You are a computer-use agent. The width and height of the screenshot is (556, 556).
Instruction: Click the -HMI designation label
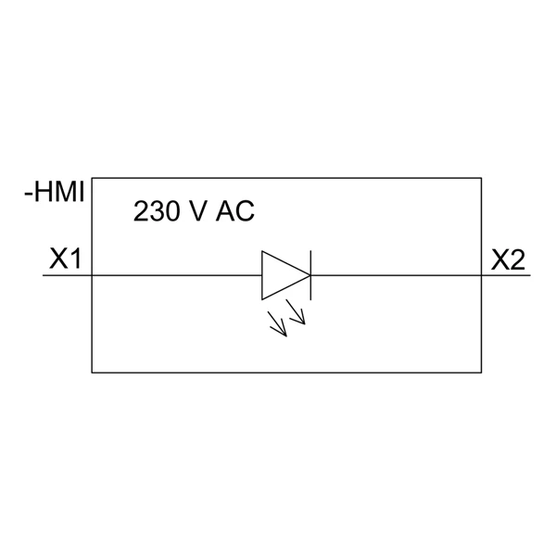pyautogui.click(x=55, y=192)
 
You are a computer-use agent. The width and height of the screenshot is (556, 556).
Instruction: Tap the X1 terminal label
pyautogui.click(x=65, y=259)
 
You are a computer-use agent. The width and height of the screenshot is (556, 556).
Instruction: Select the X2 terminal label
pyautogui.click(x=508, y=259)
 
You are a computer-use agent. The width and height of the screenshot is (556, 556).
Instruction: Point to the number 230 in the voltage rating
pyautogui.click(x=156, y=211)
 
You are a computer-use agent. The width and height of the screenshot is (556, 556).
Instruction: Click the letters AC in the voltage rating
pyautogui.click(x=235, y=211)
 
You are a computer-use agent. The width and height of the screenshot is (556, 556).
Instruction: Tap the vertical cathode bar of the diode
pyautogui.click(x=311, y=275)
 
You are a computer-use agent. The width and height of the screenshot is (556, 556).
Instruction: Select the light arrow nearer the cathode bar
pyautogui.click(x=296, y=312)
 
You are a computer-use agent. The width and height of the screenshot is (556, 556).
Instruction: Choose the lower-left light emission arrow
pyautogui.click(x=277, y=324)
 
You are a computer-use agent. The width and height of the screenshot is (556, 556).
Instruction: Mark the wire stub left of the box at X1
pyautogui.click(x=68, y=275)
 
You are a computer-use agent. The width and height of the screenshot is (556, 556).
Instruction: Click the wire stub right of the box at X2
pyautogui.click(x=506, y=275)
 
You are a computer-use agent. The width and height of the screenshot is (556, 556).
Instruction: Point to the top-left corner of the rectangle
pyautogui.click(x=92, y=178)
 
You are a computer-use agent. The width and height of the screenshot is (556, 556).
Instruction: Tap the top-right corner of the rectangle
pyautogui.click(x=481, y=178)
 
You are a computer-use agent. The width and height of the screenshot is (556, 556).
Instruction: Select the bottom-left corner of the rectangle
pyautogui.click(x=92, y=373)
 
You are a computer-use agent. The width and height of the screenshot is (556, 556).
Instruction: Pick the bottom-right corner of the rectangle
pyautogui.click(x=481, y=373)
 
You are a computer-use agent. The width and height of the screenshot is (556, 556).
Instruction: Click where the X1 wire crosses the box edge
pyautogui.click(x=92, y=275)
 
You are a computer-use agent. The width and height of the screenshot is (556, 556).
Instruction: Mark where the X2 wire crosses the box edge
pyautogui.click(x=481, y=275)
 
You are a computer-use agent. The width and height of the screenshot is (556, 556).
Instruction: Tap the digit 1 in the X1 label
pyautogui.click(x=76, y=259)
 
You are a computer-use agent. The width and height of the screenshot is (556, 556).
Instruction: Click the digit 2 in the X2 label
pyautogui.click(x=517, y=259)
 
